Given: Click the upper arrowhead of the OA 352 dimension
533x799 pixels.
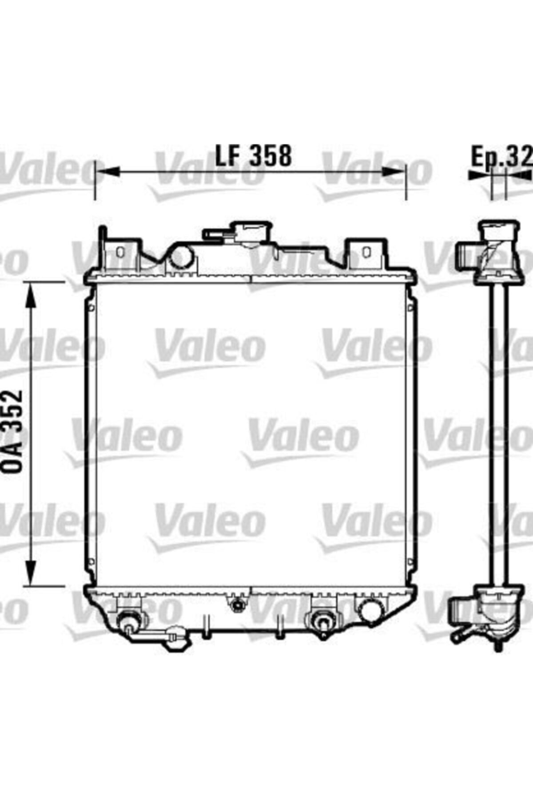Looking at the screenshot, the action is click(x=30, y=295).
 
